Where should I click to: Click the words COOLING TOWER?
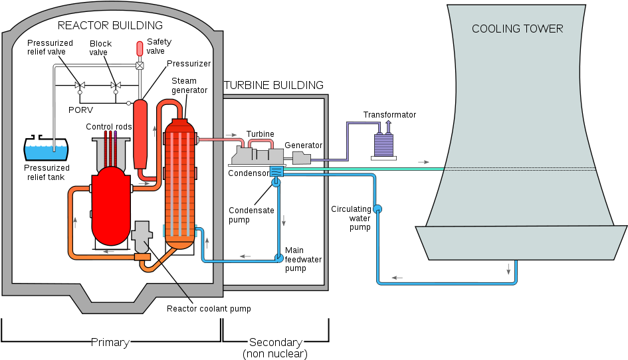tap(517, 29)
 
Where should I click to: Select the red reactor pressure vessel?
tap(111, 206)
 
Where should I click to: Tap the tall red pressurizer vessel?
tap(140, 133)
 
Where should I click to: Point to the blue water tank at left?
tap(46, 153)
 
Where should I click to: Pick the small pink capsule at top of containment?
tap(140, 48)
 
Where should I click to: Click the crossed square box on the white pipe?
tap(140, 65)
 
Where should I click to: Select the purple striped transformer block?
tap(383, 145)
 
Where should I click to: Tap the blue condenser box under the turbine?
tap(276, 171)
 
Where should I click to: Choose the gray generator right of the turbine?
tap(301, 158)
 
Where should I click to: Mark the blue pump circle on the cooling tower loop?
tap(377, 209)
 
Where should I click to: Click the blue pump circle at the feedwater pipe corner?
tap(279, 258)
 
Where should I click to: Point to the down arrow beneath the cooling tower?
tap(508, 269)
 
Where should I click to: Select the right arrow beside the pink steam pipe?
tap(231, 135)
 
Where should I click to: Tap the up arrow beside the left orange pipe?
tap(74, 222)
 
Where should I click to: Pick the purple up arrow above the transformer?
tap(389, 126)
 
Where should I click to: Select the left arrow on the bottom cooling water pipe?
tap(397, 278)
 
